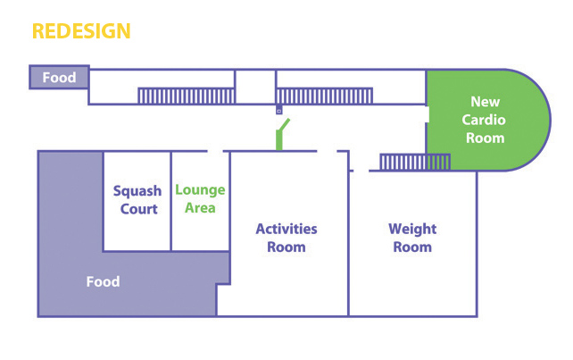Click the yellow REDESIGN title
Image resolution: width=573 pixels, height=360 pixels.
coord(81,31)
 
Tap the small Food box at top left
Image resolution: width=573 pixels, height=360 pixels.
coord(59,78)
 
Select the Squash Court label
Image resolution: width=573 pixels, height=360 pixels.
coord(137,200)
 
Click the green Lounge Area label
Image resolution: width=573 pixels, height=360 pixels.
coord(200,199)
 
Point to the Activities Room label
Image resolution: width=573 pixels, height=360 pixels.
coord(286,238)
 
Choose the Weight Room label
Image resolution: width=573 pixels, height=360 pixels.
coord(412,238)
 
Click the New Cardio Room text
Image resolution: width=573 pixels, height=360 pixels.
coord(486,120)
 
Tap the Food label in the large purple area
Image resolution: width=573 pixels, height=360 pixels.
coord(103,282)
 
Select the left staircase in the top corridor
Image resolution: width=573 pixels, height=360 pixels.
coord(186,96)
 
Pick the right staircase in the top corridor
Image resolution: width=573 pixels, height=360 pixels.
coord(324,96)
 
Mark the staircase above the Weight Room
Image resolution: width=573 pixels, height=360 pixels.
coord(414,161)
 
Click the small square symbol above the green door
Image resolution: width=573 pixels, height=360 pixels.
coord(278,112)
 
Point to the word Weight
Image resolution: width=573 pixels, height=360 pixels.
coord(412,229)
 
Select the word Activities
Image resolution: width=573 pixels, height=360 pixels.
coord(286,229)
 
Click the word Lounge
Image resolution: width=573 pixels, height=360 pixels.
coord(200,190)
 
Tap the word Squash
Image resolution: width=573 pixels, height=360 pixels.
coord(137,191)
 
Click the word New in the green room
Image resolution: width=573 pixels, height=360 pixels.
coord(486,102)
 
